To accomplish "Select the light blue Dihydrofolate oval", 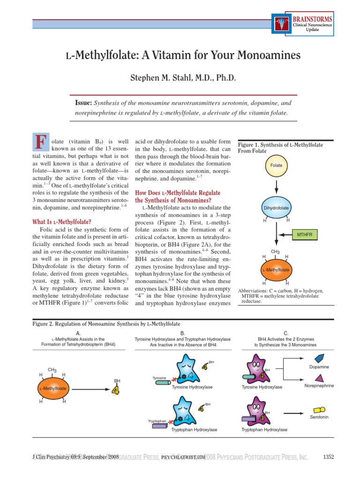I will (276, 207).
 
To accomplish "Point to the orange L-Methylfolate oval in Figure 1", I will (276, 270).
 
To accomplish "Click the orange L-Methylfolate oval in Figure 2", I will (53, 388).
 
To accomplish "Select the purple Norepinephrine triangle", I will (319, 378).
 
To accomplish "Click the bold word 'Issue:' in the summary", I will (83, 102).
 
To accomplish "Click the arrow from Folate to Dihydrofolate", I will (276, 186).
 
